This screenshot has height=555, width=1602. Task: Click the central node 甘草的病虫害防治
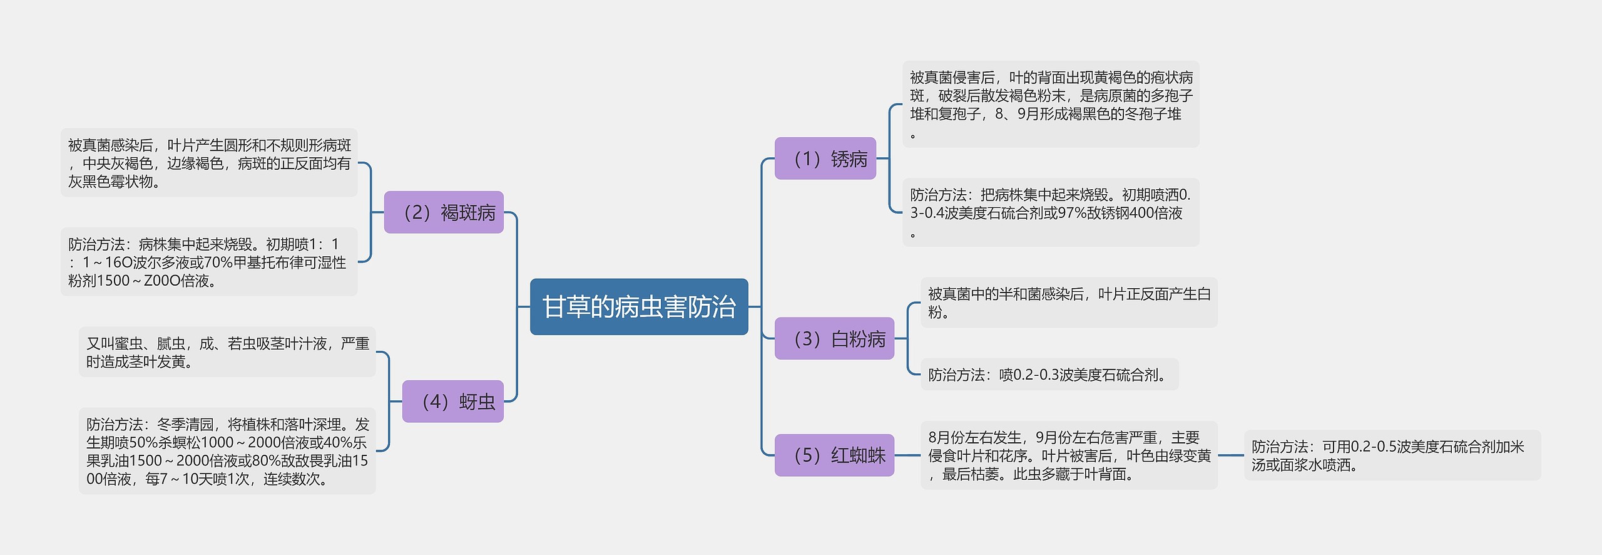coord(639,307)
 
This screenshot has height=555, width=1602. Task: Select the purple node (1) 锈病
coord(825,158)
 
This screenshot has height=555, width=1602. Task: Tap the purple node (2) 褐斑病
coord(443,212)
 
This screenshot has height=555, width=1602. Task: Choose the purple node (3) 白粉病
coord(834,339)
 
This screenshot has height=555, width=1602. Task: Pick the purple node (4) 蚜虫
coord(452,402)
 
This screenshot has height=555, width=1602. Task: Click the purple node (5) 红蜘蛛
coord(834,455)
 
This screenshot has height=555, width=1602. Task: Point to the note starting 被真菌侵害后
coord(1050,104)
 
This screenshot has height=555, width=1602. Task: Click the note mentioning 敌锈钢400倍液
coord(1050,212)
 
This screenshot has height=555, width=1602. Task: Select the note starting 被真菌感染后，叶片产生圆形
coord(209,163)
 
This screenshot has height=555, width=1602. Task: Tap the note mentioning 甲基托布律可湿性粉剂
coord(209,262)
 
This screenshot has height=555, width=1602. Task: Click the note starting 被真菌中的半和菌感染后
coord(1068,303)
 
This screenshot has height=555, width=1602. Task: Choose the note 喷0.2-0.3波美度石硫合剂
coord(1049,375)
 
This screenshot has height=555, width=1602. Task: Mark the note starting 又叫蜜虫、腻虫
coord(227,352)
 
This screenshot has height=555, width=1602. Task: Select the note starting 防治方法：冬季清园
coord(227,451)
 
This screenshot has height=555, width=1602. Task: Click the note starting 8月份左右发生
coord(1068,455)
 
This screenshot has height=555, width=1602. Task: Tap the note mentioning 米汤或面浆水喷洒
coord(1392,455)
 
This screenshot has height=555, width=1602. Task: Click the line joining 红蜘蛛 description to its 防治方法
coord(1230,455)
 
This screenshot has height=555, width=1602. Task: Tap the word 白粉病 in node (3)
coord(858,339)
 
